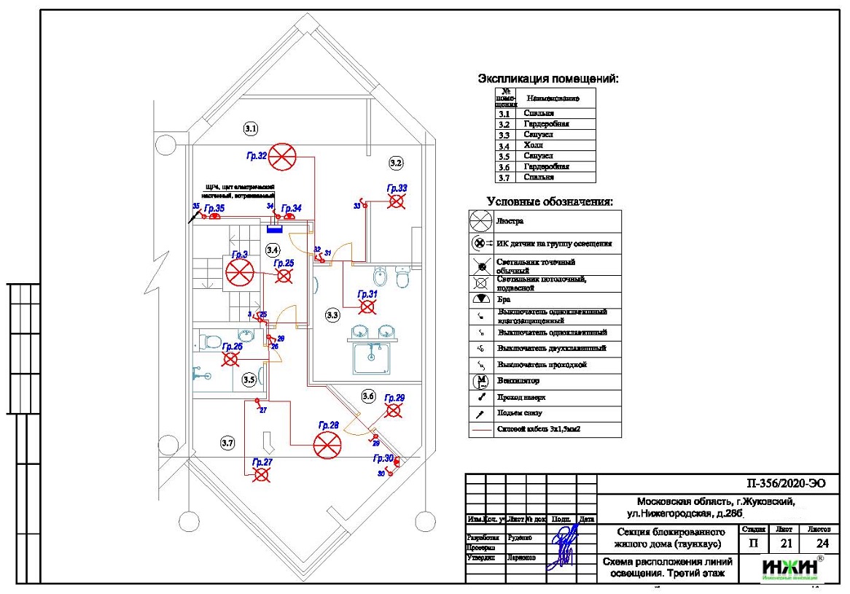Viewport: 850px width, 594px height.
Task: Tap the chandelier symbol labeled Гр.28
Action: (327, 444)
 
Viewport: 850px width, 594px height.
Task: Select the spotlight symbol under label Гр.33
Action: (397, 202)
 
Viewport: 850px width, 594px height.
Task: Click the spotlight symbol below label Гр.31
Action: (368, 307)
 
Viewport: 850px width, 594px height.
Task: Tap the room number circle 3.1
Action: (251, 128)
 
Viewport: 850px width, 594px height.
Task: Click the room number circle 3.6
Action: (368, 396)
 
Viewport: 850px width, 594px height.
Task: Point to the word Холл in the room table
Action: (534, 145)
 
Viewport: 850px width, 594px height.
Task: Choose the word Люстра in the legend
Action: (510, 220)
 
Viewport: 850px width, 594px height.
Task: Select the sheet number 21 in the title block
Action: (784, 543)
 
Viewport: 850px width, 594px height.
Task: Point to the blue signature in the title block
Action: (562, 546)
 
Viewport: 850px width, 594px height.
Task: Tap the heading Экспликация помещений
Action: (547, 78)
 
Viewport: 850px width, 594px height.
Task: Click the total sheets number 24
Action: (822, 543)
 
